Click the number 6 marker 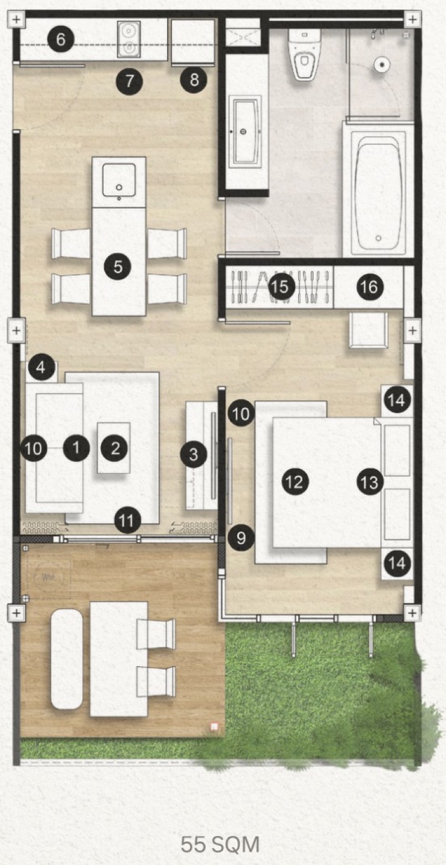coord(61,39)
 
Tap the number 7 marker coord(129,81)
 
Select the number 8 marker coord(194,80)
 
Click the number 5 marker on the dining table coord(118,267)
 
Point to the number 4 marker coord(41,367)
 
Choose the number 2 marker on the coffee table coord(115,448)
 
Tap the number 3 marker coord(194,455)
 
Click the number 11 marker coord(127,521)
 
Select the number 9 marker coord(241,538)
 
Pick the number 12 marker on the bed coord(295,482)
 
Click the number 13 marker coord(370,482)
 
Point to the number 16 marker coord(370,287)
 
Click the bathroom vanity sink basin coord(244,132)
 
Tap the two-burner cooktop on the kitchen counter coord(129,39)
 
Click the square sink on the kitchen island coord(119,180)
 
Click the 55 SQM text coord(220,845)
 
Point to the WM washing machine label coord(48,577)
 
